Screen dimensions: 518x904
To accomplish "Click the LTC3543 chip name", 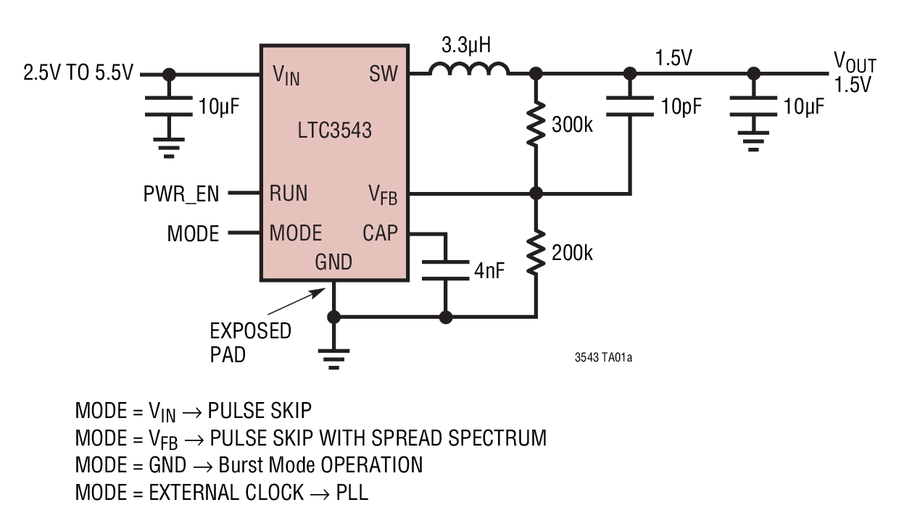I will pos(334,130).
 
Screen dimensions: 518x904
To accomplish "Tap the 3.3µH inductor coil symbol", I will pos(469,70).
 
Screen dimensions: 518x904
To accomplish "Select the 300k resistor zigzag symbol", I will pos(536,125).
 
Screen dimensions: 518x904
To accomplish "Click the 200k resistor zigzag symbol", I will pos(536,253).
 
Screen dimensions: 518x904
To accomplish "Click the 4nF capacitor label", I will pos(489,271).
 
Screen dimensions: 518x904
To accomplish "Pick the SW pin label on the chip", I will pos(383,74).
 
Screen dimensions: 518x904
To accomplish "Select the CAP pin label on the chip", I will pos(380,233).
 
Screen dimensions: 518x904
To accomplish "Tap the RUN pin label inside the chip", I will pos(289,193).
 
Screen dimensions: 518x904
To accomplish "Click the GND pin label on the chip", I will pos(333,262).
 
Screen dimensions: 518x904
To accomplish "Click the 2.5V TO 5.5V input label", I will pos(78,74).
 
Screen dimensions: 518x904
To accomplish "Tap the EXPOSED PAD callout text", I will pos(249,343).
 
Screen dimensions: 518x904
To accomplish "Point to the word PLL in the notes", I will pos(352,493).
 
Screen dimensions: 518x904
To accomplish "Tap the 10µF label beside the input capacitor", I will pos(218,107).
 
